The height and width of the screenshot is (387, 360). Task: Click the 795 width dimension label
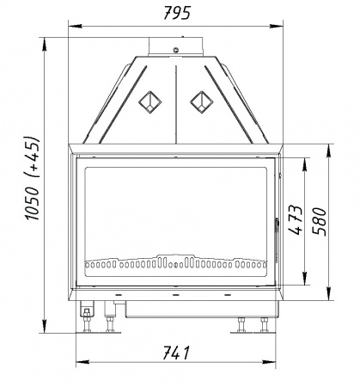coord(177,13)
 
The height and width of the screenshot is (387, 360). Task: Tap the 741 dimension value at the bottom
coord(176,353)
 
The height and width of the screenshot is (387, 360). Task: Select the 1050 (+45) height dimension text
coord(33,178)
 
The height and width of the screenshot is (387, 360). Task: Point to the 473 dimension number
coord(296,220)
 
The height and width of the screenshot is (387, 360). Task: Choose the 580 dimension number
coord(320,222)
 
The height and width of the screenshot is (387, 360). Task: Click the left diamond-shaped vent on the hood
coord(149,102)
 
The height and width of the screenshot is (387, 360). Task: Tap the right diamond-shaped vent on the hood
coord(202,102)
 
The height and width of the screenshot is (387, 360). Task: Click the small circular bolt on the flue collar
coord(176,50)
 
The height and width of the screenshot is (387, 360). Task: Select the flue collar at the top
coord(176,46)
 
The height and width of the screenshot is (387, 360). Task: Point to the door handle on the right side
coord(277,225)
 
